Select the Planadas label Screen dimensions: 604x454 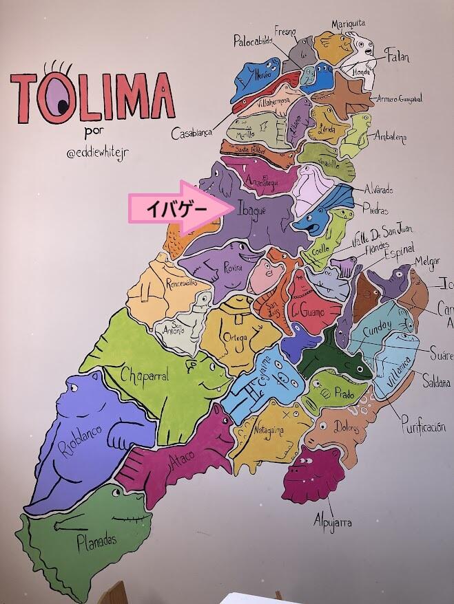click(x=96, y=541)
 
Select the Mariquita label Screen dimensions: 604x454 click(x=348, y=25)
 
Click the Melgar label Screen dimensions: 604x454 click(x=426, y=261)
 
